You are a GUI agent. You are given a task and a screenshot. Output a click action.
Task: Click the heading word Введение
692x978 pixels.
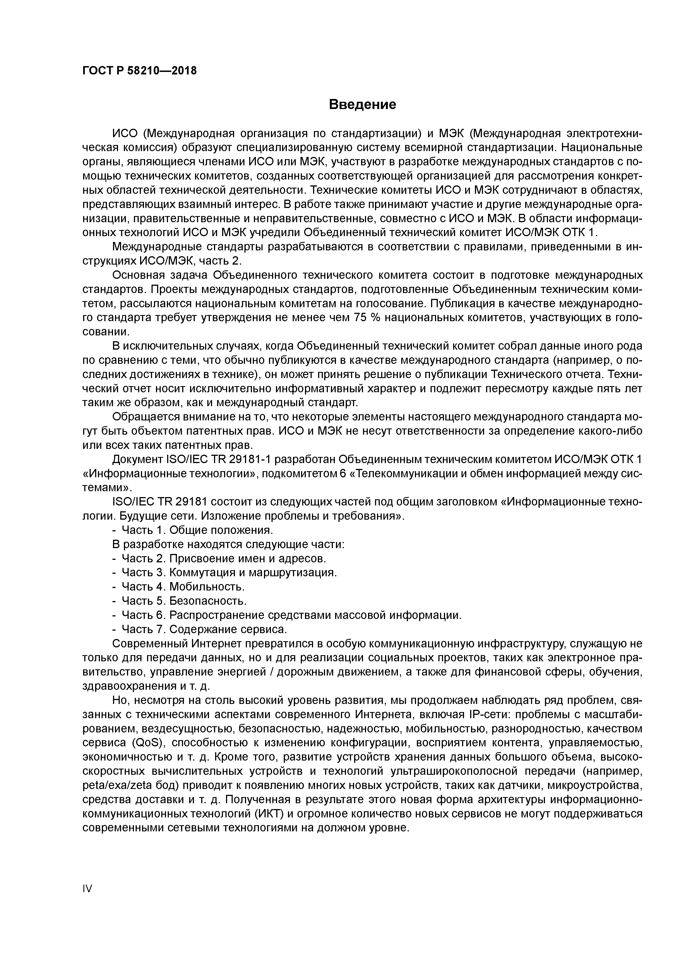pos(362,104)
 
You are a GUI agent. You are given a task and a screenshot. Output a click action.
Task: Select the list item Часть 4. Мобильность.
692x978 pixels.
pos(183,587)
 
